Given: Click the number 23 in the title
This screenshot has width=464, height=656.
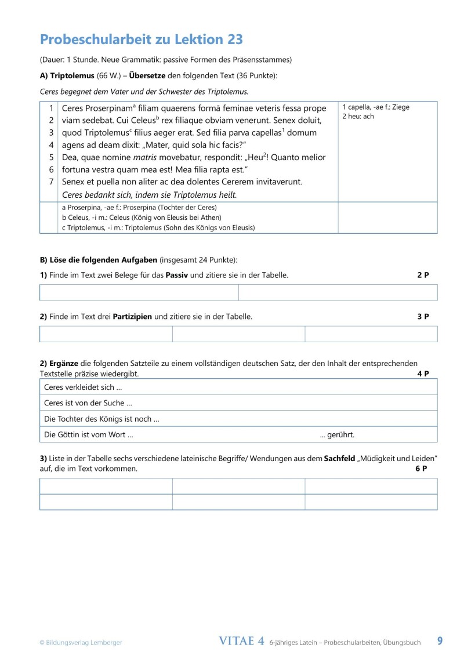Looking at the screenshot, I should click(231, 39).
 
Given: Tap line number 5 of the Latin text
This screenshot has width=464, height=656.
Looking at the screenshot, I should click(51, 157).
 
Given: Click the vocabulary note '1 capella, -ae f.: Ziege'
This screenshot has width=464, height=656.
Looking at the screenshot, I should click(376, 107).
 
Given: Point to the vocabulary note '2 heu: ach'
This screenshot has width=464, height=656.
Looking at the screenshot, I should click(358, 117).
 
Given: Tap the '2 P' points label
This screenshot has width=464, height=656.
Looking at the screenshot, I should click(423, 275).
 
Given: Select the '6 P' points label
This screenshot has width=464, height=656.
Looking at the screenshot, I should click(422, 469).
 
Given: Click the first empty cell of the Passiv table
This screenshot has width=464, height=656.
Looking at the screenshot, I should click(139, 292).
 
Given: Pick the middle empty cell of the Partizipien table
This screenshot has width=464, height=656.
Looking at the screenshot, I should click(238, 334).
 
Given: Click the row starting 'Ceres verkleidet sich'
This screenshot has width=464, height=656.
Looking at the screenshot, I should click(83, 387).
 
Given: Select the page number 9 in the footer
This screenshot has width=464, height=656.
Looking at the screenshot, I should click(440, 641).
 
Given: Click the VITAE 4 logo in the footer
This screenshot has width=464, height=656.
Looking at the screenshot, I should click(242, 641).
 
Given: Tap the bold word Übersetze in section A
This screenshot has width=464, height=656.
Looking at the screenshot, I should click(147, 75).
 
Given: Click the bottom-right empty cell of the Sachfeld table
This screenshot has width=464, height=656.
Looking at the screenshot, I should click(371, 502).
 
